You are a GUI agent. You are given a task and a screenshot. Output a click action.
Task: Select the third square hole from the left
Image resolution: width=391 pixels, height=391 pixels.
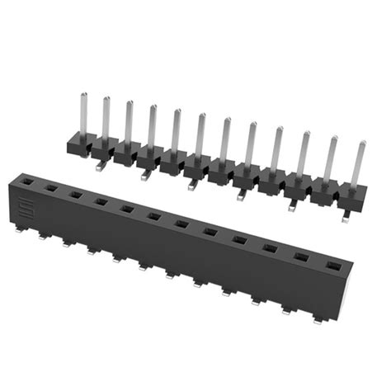tap(75, 195)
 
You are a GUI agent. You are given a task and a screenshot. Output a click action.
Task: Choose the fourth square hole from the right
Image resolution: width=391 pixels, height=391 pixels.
tap(239, 240)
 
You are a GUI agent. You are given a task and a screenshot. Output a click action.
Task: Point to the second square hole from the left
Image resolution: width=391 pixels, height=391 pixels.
tap(51, 188)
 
